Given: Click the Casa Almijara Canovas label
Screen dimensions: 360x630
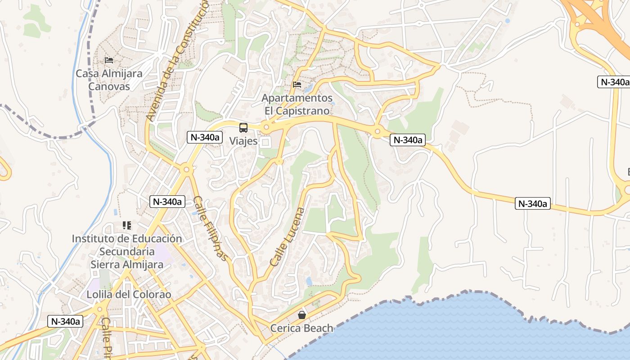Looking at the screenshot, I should (x=109, y=80).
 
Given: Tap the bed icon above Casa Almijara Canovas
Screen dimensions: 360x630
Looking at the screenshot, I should (x=109, y=60).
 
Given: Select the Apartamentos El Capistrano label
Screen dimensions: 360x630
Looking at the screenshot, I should (x=297, y=104).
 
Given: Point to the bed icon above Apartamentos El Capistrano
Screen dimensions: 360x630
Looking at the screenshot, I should (x=297, y=84).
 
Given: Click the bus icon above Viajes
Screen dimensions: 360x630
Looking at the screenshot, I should (x=243, y=128).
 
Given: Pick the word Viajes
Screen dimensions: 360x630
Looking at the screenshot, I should (x=243, y=141).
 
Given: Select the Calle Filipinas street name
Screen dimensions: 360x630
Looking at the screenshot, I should (x=210, y=228).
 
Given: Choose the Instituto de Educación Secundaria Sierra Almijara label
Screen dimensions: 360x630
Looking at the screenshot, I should (x=127, y=252).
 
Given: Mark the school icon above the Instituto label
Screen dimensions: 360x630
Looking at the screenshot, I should (x=127, y=225).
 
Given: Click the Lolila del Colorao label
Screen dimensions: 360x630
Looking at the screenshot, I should (x=129, y=295).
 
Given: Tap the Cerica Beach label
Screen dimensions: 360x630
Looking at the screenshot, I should (x=301, y=328).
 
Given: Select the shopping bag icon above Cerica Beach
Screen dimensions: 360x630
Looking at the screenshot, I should (x=302, y=315).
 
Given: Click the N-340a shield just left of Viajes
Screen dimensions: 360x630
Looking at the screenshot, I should (x=205, y=137).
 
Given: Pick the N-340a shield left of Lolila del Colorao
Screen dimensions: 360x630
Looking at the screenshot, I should (x=66, y=321).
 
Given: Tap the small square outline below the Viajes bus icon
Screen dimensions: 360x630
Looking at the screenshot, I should (x=265, y=143).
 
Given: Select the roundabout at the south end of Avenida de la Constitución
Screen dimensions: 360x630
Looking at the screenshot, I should (x=186, y=170).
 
